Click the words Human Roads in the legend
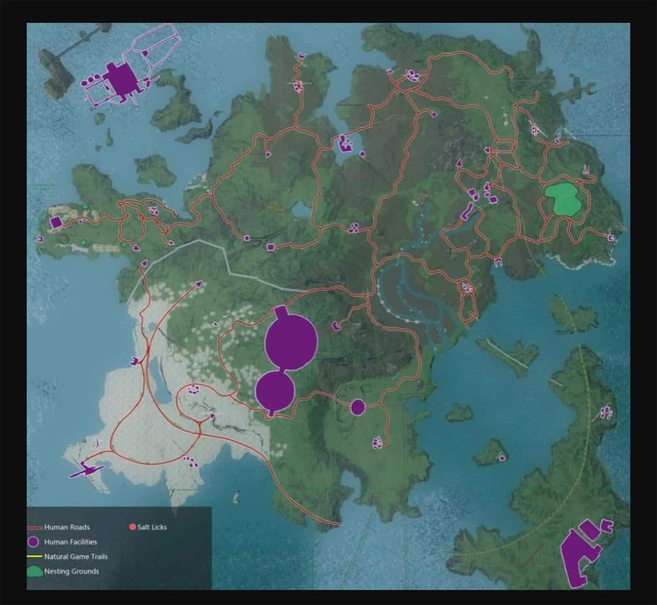coord(67,527)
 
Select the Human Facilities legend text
coord(71,542)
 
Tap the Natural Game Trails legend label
coord(76,557)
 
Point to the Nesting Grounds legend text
coord(71,572)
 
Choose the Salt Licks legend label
coord(152,527)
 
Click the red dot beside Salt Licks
coord(132,527)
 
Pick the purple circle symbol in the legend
coord(34,542)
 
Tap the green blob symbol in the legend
coord(34,572)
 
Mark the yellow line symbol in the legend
coord(34,557)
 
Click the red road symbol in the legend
coord(34,528)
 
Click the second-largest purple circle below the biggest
coord(275,390)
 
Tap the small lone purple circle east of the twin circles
coord(358,407)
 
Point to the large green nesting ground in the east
coord(563,199)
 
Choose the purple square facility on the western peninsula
coord(55,222)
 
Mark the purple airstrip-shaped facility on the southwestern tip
coord(86,469)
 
